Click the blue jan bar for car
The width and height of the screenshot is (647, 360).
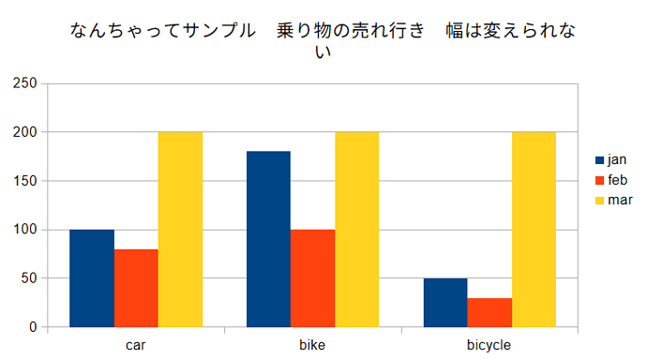click(x=92, y=278)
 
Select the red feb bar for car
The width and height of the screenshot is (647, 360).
click(x=136, y=288)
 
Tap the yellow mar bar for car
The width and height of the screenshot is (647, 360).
click(x=180, y=230)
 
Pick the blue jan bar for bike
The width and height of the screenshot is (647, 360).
click(x=268, y=239)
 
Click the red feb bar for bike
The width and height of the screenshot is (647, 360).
click(x=313, y=278)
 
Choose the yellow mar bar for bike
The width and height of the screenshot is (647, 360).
click(x=357, y=230)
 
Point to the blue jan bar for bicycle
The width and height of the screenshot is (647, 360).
click(x=445, y=303)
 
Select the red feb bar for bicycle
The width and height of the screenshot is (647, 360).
click(x=489, y=312)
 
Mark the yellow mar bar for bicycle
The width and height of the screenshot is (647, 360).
click(x=534, y=230)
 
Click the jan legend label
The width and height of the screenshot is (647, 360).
click(x=617, y=160)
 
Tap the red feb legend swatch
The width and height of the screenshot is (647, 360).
click(x=599, y=181)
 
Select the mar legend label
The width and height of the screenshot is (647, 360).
click(x=620, y=200)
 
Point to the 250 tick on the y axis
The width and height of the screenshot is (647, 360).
click(x=25, y=83)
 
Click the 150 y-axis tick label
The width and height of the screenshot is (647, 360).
click(x=25, y=181)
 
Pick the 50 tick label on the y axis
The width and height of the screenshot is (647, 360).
click(x=29, y=278)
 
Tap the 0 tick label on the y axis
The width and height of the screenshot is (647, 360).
click(x=34, y=327)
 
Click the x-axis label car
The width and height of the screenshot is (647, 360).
click(x=136, y=345)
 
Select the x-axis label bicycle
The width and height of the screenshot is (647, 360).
click(x=489, y=345)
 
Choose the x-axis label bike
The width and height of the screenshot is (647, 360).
click(x=312, y=345)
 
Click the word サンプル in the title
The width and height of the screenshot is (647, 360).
click(x=219, y=31)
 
